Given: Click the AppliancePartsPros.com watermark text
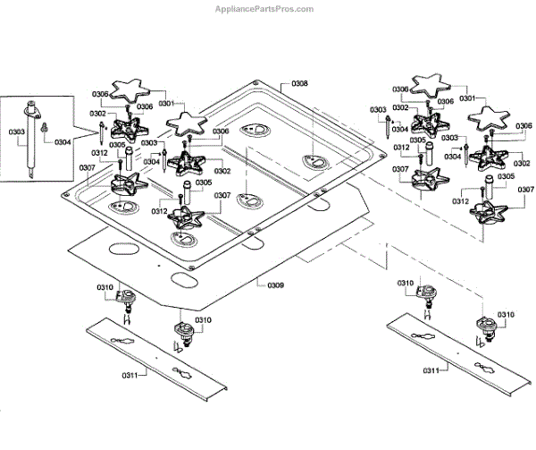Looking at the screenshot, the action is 264,9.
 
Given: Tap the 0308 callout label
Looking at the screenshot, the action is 299,83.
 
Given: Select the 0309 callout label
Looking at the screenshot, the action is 275,285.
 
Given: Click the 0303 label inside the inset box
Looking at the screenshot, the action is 17,132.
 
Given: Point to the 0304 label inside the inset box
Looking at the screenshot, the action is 63,142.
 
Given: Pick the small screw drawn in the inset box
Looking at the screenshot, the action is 44,127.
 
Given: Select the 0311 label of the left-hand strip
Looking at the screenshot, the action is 130,376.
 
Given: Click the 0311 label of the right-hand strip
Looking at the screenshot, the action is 431,370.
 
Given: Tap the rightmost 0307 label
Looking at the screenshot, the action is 526,190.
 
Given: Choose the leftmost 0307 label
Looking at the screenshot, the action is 88,167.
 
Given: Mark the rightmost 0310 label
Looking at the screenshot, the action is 506,315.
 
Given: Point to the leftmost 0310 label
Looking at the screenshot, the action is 105,287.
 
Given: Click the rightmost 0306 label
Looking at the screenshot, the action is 523,126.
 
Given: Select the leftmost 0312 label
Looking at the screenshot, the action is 99,153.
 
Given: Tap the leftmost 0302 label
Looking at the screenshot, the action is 97,114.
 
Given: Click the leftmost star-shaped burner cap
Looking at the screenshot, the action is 131,90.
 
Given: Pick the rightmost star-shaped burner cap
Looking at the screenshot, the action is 489,118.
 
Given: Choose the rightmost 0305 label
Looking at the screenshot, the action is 506,176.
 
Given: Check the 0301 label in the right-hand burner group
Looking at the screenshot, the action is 467,98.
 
